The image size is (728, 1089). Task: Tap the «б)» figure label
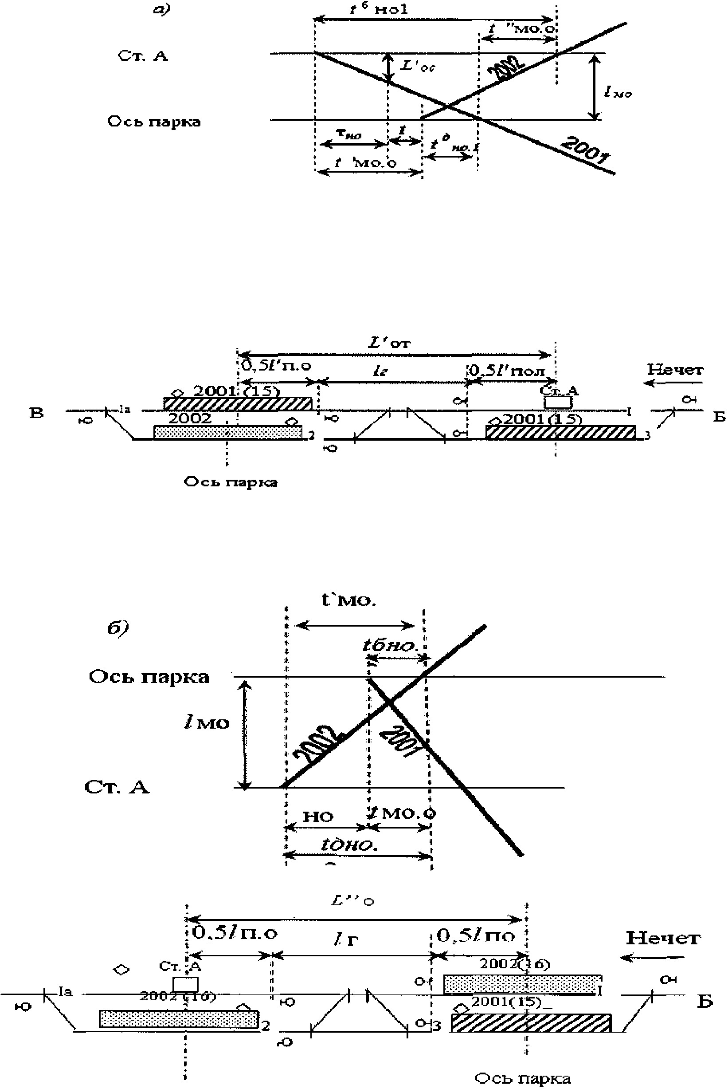pyautogui.click(x=117, y=628)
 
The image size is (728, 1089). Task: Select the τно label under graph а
pyautogui.click(x=348, y=135)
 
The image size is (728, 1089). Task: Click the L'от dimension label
pyautogui.click(x=390, y=343)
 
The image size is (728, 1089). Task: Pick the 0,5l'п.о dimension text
pyautogui.click(x=276, y=366)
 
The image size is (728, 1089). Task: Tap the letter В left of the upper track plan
pyautogui.click(x=36, y=413)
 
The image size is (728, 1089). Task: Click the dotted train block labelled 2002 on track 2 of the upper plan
pyautogui.click(x=227, y=432)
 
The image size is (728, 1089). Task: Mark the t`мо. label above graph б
pyautogui.click(x=349, y=600)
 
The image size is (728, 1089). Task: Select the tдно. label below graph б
pyautogui.click(x=349, y=844)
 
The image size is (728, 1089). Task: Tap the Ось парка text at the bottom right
pyautogui.click(x=523, y=1078)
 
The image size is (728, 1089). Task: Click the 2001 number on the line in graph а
pyautogui.click(x=584, y=150)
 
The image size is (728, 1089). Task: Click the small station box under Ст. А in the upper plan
pyautogui.click(x=558, y=402)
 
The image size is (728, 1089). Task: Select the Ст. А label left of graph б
pyautogui.click(x=117, y=787)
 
